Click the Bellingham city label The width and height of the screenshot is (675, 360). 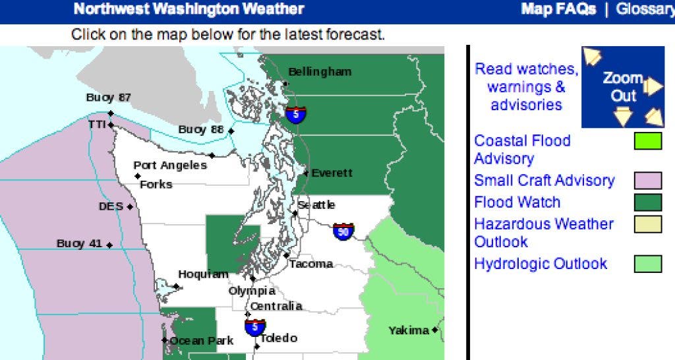(x=320, y=71)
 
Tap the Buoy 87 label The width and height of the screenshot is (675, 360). (x=108, y=98)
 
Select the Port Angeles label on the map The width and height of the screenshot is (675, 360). (x=169, y=165)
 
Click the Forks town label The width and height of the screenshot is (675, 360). (x=156, y=185)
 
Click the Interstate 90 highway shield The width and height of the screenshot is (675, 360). (x=343, y=231)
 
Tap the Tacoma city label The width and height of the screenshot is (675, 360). (x=311, y=264)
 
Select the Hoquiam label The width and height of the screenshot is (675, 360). (x=203, y=274)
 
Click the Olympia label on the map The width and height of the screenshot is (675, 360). (x=252, y=291)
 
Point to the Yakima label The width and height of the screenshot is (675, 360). (x=409, y=330)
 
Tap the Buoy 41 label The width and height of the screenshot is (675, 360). (x=79, y=243)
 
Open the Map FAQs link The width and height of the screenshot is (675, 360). (x=558, y=9)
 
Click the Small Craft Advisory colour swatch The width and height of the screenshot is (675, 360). (x=647, y=181)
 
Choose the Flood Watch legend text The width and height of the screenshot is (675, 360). (x=517, y=202)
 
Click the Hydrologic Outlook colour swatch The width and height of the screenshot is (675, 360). (x=647, y=264)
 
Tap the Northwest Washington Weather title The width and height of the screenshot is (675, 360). (x=189, y=9)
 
